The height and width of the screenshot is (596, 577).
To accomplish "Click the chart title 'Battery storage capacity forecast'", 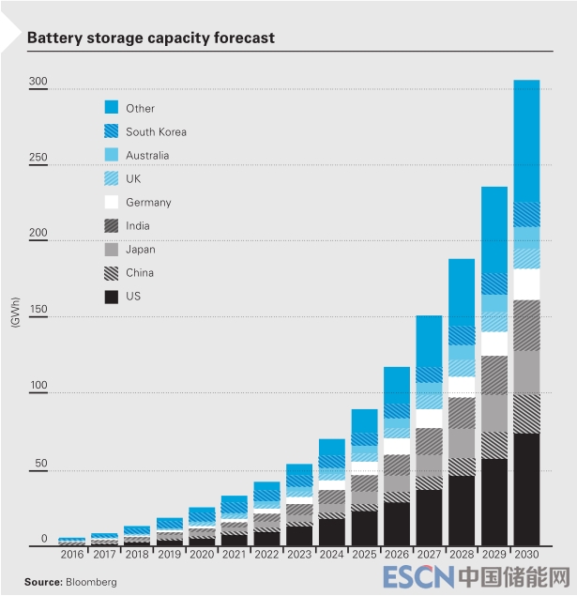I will click(150, 38).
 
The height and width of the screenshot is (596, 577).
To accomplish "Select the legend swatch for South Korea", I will click(111, 131).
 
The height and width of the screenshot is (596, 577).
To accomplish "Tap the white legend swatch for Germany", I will click(111, 202).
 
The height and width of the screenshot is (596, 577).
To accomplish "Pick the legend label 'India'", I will click(137, 226).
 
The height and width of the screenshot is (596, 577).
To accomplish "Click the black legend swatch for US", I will click(111, 297).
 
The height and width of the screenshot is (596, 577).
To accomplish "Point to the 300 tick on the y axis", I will click(38, 83).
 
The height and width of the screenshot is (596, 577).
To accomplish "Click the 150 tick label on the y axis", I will click(38, 312).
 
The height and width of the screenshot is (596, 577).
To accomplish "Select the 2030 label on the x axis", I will click(526, 556).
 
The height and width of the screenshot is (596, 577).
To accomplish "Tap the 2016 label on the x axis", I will click(72, 556).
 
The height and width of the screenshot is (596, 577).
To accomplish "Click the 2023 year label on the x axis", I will click(299, 556).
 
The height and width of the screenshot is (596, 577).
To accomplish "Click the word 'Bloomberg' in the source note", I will click(93, 582).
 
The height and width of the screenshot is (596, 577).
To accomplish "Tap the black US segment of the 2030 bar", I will click(526, 488).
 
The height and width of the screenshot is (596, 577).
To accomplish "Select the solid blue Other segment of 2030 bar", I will click(526, 141).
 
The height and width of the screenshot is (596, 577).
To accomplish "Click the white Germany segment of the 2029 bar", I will click(494, 344).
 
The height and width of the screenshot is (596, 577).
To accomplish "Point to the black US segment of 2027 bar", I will click(429, 516).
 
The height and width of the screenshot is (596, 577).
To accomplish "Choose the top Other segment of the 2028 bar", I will click(462, 291).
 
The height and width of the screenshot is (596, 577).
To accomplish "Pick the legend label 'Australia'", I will click(147, 155).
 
